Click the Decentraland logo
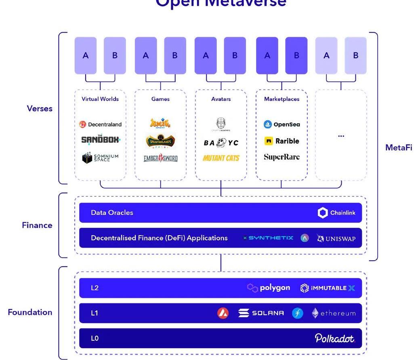coord(100,124)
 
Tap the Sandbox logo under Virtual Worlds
coord(101,140)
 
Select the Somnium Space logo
coord(100,158)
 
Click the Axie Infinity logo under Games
coord(160,123)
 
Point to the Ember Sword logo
coord(160,158)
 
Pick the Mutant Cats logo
coord(221,158)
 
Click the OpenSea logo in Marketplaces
coord(281,124)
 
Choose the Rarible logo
coord(281,141)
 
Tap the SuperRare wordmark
coord(281,157)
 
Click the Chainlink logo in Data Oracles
coord(336,213)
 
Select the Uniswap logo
coord(336,238)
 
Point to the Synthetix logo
coord(268,238)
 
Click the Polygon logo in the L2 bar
coord(269,288)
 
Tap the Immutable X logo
coord(328,288)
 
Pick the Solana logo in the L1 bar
coord(261,313)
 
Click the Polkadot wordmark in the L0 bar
coord(335,338)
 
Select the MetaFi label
coord(399,147)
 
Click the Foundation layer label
coord(30,312)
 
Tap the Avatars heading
coord(221,99)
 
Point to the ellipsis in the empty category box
coord(341,136)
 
